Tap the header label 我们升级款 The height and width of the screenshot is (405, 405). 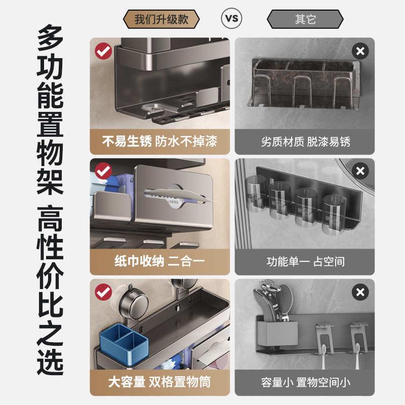161,19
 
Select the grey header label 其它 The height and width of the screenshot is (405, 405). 305,19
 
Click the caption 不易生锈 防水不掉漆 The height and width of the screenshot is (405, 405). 159,141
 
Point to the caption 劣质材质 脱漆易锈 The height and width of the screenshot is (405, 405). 305,141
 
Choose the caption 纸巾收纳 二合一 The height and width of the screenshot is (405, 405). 159,262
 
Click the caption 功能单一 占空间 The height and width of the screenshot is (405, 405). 305,262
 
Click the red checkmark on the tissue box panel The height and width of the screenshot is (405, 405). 104,171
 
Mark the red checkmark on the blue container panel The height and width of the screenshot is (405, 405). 104,292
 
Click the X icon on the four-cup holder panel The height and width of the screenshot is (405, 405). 360,171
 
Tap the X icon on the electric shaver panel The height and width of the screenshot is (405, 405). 360,292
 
